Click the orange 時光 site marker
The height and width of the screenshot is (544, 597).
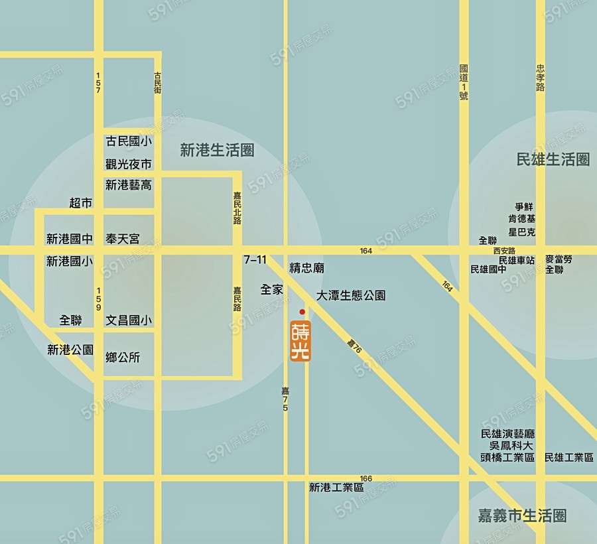pyautogui.click(x=300, y=341)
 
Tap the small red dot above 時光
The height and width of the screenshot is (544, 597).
pyautogui.click(x=302, y=312)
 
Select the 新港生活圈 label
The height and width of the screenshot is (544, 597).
pyautogui.click(x=217, y=151)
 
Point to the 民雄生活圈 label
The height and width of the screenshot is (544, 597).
pyautogui.click(x=553, y=159)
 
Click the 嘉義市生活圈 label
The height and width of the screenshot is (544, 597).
pyautogui.click(x=523, y=515)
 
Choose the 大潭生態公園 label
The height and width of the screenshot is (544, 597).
pyautogui.click(x=351, y=295)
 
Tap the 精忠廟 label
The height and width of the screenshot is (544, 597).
pyautogui.click(x=306, y=268)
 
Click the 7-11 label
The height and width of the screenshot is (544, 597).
pyautogui.click(x=255, y=259)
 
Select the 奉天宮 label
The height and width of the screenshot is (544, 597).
pyautogui.click(x=123, y=238)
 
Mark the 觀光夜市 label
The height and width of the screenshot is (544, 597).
pyautogui.click(x=129, y=164)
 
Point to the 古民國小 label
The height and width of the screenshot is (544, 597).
pyautogui.click(x=129, y=141)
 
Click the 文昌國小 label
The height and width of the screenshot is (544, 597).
pyautogui.click(x=129, y=320)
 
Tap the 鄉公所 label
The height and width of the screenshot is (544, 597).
pyautogui.click(x=123, y=358)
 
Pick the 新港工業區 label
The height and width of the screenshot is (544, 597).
pyautogui.click(x=336, y=487)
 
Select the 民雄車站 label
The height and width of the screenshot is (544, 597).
pyautogui.click(x=517, y=260)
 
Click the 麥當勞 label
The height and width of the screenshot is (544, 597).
pyautogui.click(x=559, y=259)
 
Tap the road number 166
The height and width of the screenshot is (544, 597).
pyautogui.click(x=366, y=478)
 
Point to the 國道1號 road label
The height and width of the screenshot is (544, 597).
pyautogui.click(x=464, y=82)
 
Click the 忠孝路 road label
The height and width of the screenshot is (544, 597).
pyautogui.click(x=541, y=78)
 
